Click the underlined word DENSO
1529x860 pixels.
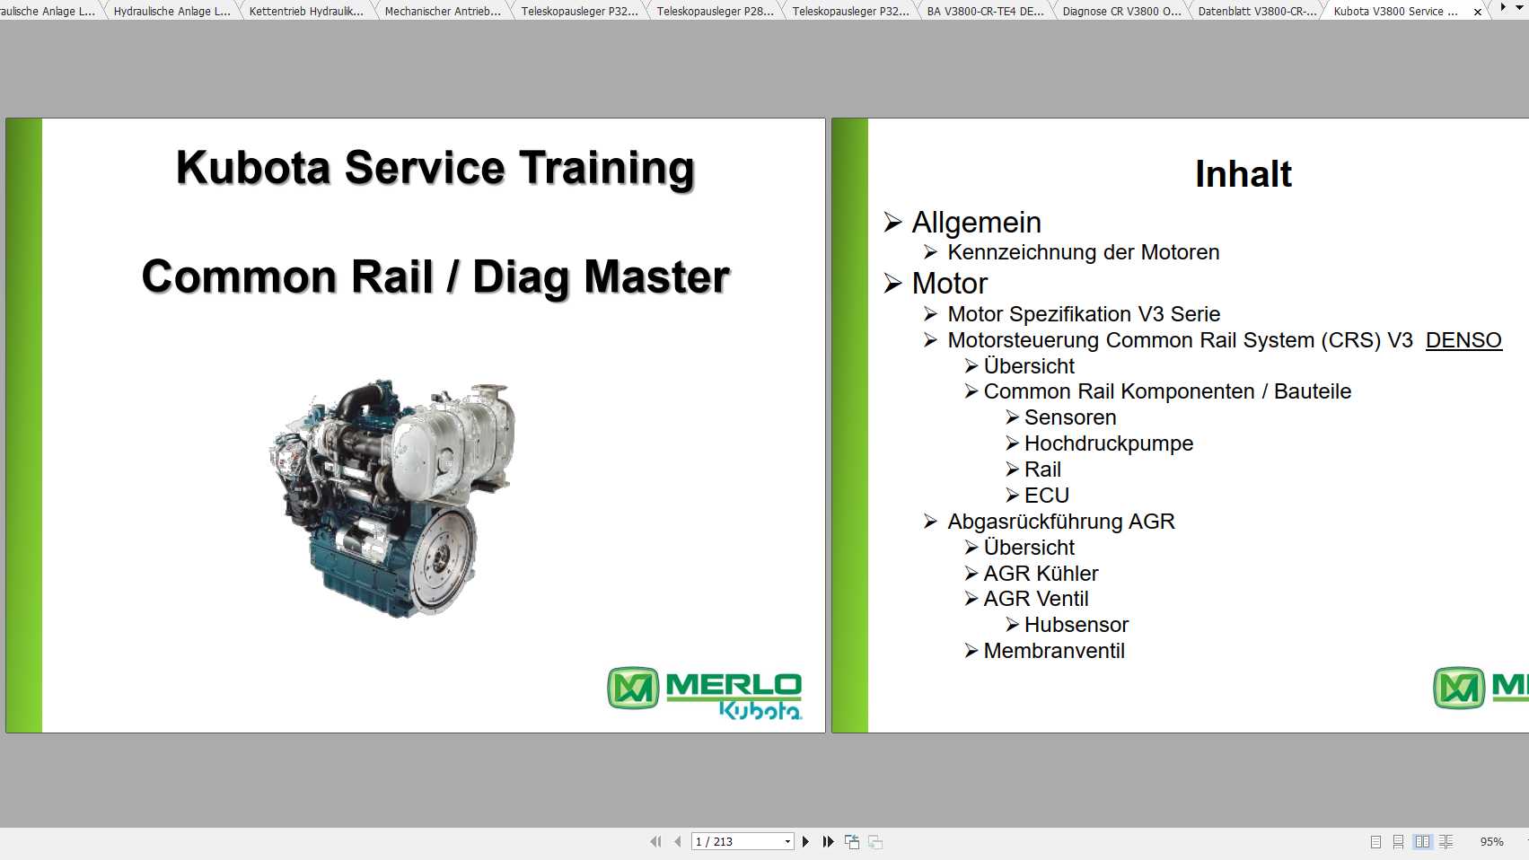tap(1463, 340)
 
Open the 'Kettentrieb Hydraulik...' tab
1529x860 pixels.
tap(306, 11)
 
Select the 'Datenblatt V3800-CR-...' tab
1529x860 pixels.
tap(1257, 11)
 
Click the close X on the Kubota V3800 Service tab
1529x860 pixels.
tap(1478, 12)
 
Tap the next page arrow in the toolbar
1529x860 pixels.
tap(805, 841)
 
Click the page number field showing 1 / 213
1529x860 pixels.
tap(742, 841)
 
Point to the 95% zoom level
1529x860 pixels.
tap(1491, 841)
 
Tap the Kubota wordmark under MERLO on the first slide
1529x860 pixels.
tap(760, 709)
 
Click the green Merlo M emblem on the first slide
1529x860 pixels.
tap(633, 688)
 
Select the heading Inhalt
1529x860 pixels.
tap(1243, 174)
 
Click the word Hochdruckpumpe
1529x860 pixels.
tap(1109, 443)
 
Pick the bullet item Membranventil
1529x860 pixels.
tap(1054, 651)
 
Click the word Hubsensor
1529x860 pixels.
tap(1076, 625)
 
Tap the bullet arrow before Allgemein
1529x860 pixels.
tap(892, 222)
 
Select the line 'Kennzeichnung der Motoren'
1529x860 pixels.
tap(1084, 252)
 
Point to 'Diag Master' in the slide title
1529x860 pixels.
tap(601, 277)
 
